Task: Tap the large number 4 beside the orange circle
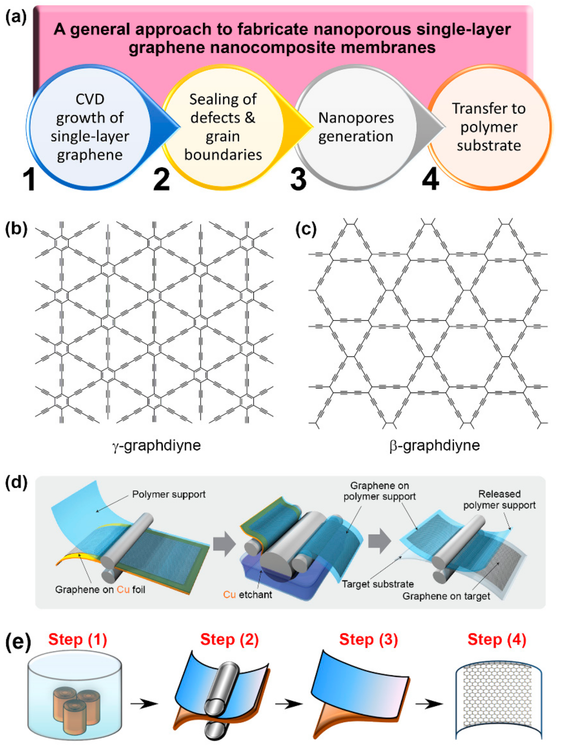pos(430,179)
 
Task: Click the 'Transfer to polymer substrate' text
pos(489,127)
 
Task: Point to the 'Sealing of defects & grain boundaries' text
pos(223,127)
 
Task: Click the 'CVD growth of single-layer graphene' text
pos(90,127)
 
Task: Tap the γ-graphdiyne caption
pos(157,445)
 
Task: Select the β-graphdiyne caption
pos(435,445)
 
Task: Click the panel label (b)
pos(16,229)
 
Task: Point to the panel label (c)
pos(306,229)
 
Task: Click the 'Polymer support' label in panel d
pos(169,494)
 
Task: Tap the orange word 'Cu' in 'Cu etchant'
pos(229,595)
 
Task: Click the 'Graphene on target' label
pos(446,596)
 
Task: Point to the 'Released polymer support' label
pos(499,499)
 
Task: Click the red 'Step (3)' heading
pos(368,639)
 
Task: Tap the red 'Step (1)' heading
pos(78,639)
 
